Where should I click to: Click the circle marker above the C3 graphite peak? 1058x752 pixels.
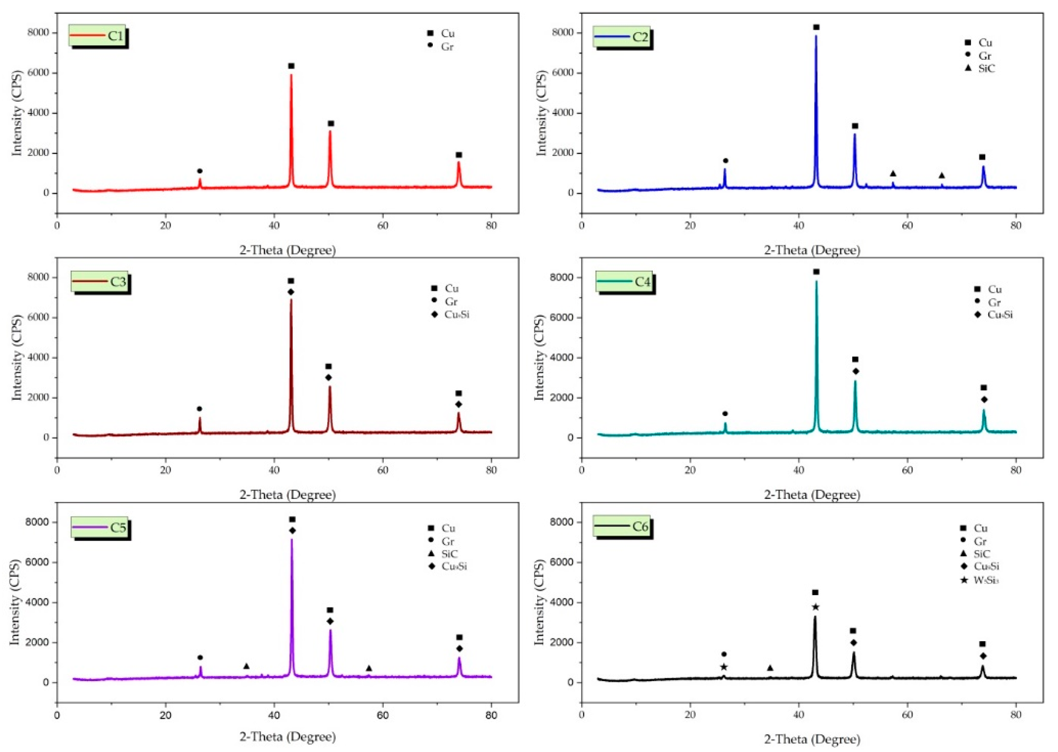click(x=200, y=409)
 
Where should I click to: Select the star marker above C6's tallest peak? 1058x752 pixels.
click(x=815, y=607)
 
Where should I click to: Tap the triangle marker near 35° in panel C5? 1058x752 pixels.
click(x=246, y=666)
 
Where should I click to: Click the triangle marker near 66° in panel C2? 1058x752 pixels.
click(x=941, y=176)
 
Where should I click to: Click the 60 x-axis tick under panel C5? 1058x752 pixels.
click(x=383, y=715)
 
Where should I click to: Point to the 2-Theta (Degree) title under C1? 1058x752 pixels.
click(x=287, y=250)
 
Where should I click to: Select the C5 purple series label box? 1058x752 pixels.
click(x=100, y=528)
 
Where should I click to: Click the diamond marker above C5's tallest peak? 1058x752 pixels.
click(x=292, y=530)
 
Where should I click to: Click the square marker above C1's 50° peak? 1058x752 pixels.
click(x=331, y=124)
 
